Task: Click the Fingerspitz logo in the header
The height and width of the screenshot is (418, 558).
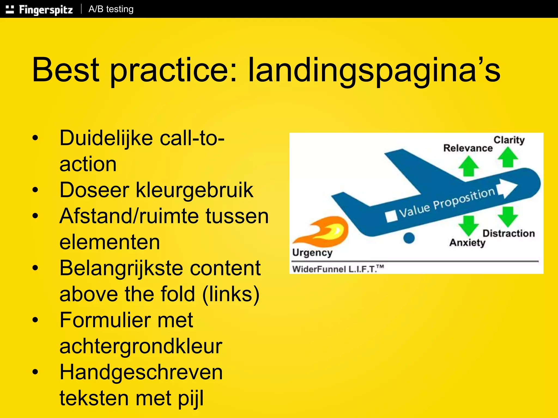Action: click(x=40, y=10)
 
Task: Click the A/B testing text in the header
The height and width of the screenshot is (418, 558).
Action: click(x=111, y=9)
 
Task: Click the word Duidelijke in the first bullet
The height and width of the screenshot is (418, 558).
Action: click(x=106, y=138)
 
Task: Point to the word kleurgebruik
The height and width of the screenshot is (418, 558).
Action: click(x=195, y=190)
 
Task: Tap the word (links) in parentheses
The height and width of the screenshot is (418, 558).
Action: click(x=231, y=294)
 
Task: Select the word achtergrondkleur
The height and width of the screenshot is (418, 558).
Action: click(x=141, y=346)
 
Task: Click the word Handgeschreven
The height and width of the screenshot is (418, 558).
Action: click(x=141, y=372)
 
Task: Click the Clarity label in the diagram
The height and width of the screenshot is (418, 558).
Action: click(x=509, y=140)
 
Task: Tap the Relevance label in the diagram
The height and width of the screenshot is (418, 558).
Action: click(x=468, y=148)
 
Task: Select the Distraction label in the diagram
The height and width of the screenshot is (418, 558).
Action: click(x=508, y=233)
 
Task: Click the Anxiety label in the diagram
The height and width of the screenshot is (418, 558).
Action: click(x=467, y=242)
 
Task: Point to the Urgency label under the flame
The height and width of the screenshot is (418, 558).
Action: click(x=312, y=253)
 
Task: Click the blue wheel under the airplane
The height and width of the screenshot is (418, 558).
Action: click(x=409, y=238)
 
